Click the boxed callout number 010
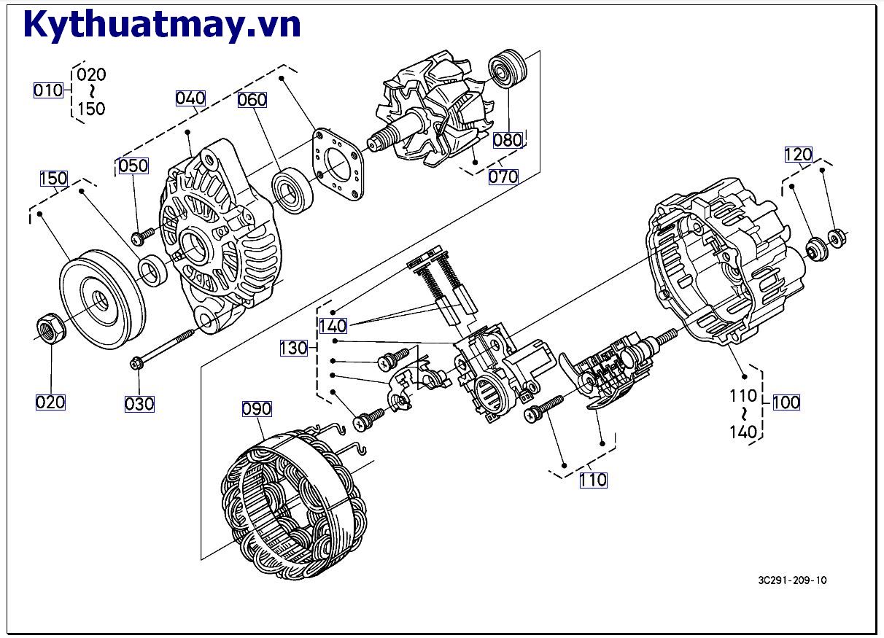[48, 90]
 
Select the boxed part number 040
[190, 98]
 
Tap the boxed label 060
[252, 99]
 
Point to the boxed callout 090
[257, 409]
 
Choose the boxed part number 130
[294, 348]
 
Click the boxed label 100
[786, 402]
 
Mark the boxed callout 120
[799, 155]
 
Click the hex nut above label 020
[51, 327]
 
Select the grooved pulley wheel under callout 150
[102, 299]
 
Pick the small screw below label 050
[142, 236]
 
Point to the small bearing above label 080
[508, 69]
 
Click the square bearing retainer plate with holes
[338, 164]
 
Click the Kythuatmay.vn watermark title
[162, 26]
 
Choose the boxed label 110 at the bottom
[593, 481]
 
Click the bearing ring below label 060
[292, 190]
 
